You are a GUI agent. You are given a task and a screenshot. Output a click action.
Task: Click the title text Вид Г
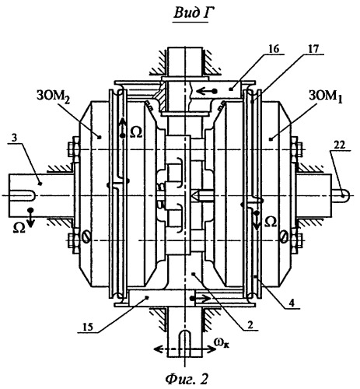191,13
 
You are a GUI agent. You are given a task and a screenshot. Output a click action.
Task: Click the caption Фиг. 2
187,380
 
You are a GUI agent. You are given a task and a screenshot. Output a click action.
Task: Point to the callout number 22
340,145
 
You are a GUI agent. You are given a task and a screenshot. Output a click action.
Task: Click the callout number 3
15,138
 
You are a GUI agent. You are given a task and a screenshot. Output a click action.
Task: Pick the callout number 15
88,327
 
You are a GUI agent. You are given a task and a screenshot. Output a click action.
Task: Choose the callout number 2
250,325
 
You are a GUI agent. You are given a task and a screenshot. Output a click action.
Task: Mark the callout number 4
292,303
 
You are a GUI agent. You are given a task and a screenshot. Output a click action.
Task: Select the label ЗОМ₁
325,97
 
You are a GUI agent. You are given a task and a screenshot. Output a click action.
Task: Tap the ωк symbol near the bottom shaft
222,343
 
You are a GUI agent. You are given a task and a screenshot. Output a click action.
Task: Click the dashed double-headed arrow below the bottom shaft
185,349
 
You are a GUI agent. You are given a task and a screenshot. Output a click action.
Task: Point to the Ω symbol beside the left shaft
19,229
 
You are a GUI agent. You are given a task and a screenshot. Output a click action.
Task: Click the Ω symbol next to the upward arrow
136,133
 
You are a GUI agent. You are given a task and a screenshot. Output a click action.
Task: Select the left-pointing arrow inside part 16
207,91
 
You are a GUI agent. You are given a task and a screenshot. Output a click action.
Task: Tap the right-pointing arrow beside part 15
201,299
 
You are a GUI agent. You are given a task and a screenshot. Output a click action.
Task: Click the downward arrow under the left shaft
31,218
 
